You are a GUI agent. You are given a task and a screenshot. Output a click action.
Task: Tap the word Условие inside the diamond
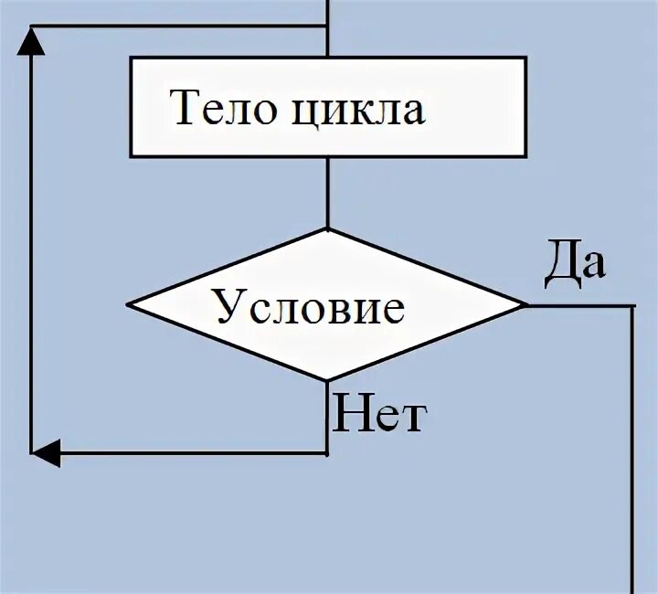coord(310,306)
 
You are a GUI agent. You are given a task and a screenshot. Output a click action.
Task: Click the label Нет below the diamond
coord(378,416)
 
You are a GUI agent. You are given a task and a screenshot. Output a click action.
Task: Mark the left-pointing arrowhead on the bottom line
coord(46,451)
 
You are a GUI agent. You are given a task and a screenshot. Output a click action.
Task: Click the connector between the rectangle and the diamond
coord(327,192)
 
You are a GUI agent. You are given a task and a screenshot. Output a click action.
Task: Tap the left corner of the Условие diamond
coord(129,305)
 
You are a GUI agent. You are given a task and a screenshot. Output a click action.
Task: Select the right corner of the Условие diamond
coord(526,305)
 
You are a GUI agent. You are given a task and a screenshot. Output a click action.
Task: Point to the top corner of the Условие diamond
coord(327,228)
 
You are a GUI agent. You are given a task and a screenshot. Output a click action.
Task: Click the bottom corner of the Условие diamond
coord(327,381)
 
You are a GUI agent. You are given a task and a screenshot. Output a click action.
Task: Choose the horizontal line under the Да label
coord(580,305)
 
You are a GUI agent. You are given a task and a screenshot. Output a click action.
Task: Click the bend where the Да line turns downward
coord(632,306)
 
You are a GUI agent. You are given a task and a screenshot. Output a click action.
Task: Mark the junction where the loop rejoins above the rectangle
coord(327,27)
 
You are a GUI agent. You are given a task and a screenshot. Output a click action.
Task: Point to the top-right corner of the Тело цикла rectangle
coord(525,58)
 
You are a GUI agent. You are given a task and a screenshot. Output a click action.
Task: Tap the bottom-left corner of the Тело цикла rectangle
coord(132,155)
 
